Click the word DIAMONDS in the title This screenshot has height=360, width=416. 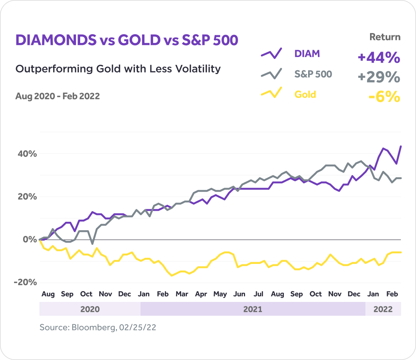tap(56, 40)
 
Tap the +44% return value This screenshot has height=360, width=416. tap(379, 58)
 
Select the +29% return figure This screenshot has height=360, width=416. tap(379, 77)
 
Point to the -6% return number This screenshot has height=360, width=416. tap(384, 97)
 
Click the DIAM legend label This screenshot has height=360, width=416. tap(307, 54)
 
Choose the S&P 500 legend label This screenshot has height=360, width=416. tap(313, 74)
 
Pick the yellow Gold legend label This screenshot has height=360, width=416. tap(305, 94)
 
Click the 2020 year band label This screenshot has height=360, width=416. tap(90, 309)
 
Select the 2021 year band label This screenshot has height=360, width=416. tap(253, 309)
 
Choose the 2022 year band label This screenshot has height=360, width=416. tap(383, 309)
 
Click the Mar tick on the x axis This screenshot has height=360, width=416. tap(182, 294)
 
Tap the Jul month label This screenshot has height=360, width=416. tap(258, 294)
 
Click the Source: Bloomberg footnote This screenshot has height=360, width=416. tap(98, 327)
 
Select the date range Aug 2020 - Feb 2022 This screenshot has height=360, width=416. tap(57, 96)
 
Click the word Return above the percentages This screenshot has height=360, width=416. tap(385, 37)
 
